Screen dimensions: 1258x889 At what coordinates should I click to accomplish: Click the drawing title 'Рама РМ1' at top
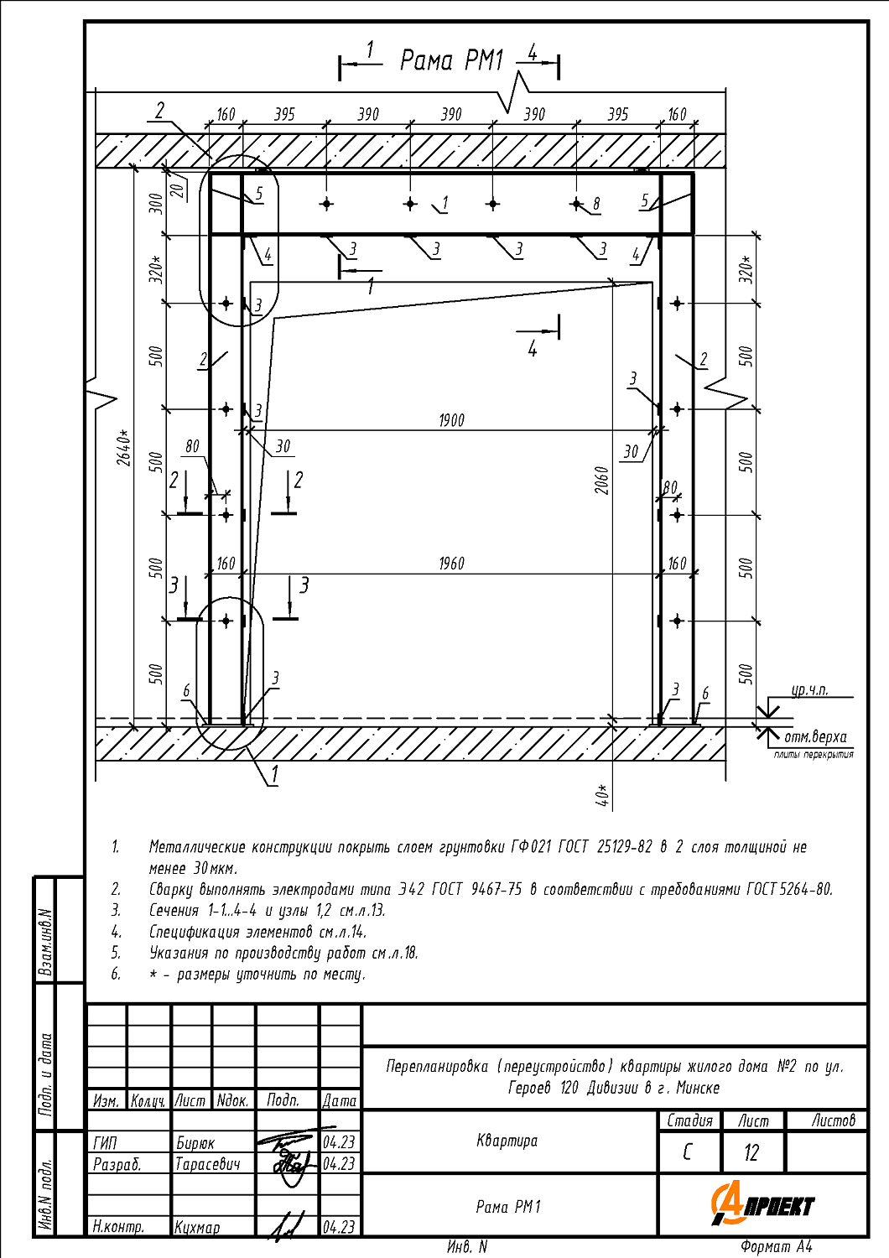pos(451,60)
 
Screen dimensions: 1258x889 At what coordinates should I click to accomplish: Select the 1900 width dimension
pos(451,420)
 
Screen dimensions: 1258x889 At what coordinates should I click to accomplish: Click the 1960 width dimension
pos(451,564)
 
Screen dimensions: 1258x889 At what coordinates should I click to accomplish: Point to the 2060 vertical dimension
pos(602,481)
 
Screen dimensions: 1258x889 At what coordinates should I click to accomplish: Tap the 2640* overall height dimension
pos(124,448)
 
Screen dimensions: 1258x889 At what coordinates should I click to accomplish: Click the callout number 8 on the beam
pos(596,204)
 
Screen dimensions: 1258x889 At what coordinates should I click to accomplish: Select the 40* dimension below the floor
pos(602,795)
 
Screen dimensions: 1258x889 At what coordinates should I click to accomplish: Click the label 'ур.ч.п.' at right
pos(809,690)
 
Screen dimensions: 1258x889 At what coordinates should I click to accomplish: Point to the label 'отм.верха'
pos(815,737)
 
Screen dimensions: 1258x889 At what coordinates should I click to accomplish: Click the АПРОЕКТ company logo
pos(762,1204)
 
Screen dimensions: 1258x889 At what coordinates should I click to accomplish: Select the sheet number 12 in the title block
pos(751,1152)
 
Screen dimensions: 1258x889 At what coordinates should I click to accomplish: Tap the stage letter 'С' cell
pos(688,1152)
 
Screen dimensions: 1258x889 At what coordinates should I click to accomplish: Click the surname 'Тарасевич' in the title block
pos(208,1164)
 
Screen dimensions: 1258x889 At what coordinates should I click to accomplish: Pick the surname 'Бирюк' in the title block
pos(195,1143)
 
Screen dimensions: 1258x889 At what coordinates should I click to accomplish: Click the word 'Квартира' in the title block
pos(507,1141)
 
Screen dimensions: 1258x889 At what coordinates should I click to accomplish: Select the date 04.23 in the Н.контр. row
pos(339,1227)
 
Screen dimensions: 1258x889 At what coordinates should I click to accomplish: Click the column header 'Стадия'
pos(689,1120)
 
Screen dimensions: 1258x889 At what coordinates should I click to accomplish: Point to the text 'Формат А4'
pos(777,1247)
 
